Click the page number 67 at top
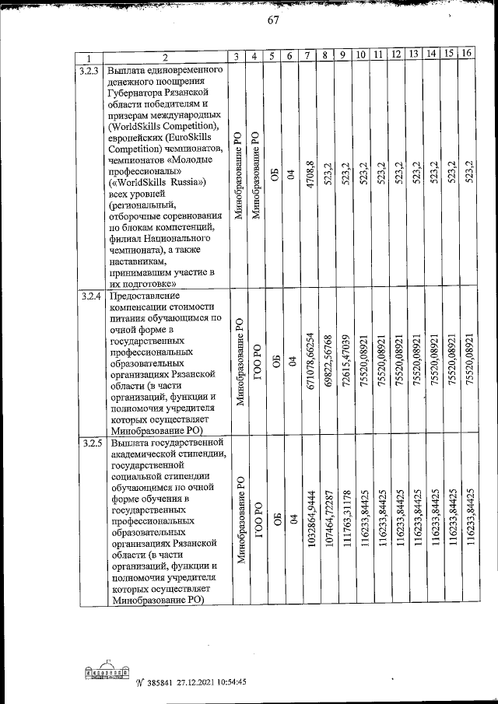point(272,21)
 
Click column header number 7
point(309,57)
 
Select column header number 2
point(165,58)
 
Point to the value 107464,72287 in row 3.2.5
point(327,520)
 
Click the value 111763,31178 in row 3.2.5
point(344,520)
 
